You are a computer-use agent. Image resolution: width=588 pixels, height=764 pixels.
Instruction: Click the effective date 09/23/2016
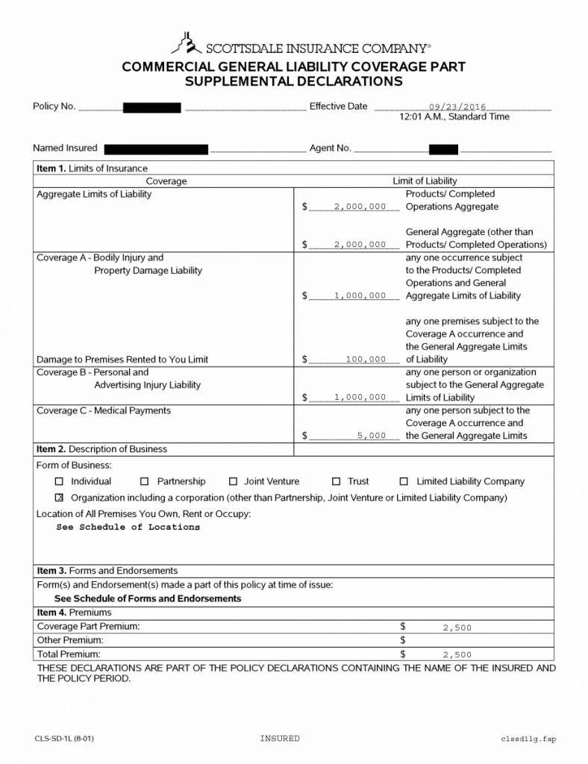pyautogui.click(x=457, y=107)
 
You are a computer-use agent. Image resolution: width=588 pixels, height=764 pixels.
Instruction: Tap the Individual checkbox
pyautogui.click(x=60, y=482)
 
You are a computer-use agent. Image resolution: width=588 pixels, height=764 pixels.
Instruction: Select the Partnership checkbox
pyautogui.click(x=145, y=482)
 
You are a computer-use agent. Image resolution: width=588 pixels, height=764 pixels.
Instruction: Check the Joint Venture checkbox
pyautogui.click(x=233, y=482)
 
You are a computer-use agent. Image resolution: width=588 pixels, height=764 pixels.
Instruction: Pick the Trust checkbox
pyautogui.click(x=337, y=482)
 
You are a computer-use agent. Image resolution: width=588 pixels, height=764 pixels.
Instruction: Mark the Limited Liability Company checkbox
pyautogui.click(x=404, y=482)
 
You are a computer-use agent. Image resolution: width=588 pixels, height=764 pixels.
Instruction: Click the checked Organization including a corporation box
pyautogui.click(x=60, y=498)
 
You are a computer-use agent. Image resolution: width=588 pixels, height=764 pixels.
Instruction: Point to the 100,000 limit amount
pyautogui.click(x=366, y=360)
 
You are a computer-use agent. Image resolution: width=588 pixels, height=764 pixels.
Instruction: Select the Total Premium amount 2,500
pyautogui.click(x=457, y=654)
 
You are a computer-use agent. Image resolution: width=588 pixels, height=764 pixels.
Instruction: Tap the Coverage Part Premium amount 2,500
pyautogui.click(x=457, y=628)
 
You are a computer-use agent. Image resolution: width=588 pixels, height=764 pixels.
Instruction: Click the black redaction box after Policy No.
pyautogui.click(x=152, y=107)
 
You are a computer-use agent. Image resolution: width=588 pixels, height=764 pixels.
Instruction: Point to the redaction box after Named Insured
pyautogui.click(x=156, y=148)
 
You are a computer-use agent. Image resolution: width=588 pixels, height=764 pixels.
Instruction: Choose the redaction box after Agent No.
pyautogui.click(x=443, y=148)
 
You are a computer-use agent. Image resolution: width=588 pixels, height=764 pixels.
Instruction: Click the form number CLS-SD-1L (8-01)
pyautogui.click(x=64, y=739)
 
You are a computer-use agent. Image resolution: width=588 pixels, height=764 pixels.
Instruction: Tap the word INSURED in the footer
pyautogui.click(x=280, y=739)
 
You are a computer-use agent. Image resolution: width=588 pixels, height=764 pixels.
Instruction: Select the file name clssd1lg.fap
pyautogui.click(x=528, y=739)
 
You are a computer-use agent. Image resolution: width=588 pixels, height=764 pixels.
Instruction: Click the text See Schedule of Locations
pyautogui.click(x=128, y=527)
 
